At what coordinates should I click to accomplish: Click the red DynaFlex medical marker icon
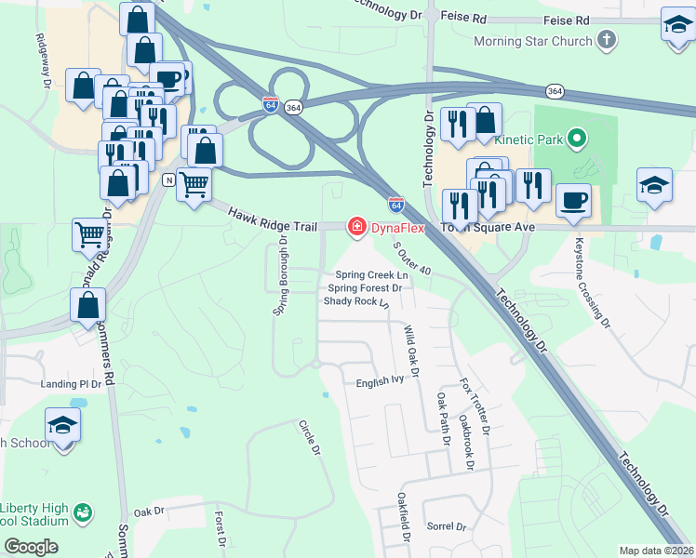355,226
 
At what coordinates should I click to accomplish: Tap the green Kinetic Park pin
577,140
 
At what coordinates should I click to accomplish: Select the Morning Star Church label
532,41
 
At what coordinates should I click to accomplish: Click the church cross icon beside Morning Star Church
607,40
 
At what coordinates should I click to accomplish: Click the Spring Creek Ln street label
372,275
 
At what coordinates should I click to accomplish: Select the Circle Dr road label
309,437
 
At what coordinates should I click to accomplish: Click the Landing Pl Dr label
70,384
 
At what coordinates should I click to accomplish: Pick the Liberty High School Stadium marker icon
84,511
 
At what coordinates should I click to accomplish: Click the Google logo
32,547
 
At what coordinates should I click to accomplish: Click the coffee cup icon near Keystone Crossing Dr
572,198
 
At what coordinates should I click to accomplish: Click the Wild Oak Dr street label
411,350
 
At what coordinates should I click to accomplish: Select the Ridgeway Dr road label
43,61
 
